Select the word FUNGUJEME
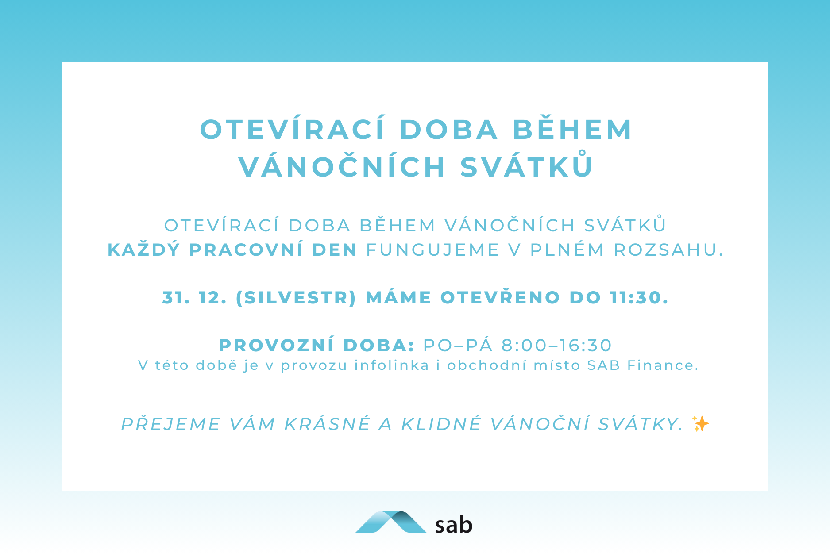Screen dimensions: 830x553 pos(433,250)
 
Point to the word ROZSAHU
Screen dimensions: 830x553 pos(668,250)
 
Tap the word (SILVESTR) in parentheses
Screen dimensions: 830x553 pos(296,298)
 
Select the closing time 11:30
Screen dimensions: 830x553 pos(639,298)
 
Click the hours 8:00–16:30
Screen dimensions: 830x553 pos(557,346)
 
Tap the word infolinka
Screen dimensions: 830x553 pos(392,365)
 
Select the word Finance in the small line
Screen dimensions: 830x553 pos(663,365)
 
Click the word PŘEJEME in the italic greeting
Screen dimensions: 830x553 pos(171,423)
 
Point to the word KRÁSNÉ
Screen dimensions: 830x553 pos(327,423)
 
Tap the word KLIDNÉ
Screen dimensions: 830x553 pos(441,423)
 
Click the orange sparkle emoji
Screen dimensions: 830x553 pos(700,423)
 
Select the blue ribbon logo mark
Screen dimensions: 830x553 pos(391,522)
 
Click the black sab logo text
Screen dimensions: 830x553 pos(453,525)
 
